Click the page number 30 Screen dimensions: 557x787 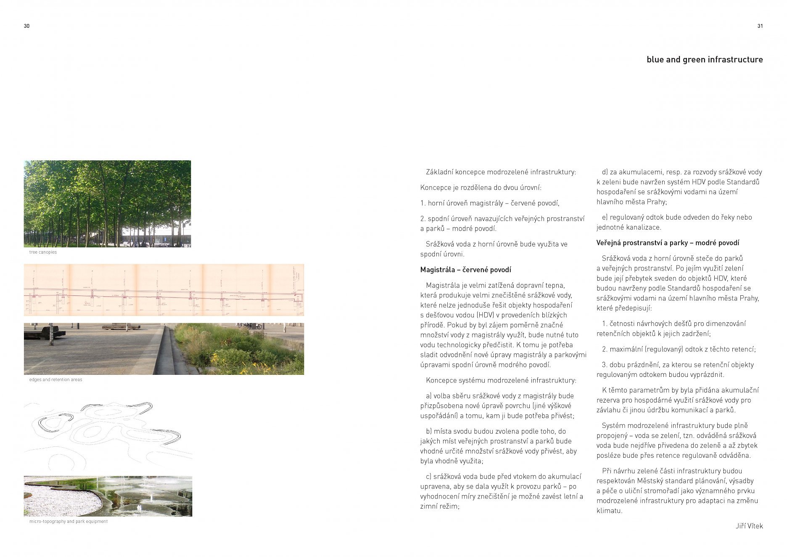click(x=26, y=26)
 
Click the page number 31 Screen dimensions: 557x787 click(x=760, y=26)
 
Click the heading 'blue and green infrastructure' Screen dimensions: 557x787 click(x=705, y=60)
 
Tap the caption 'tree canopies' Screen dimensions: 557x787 click(x=43, y=252)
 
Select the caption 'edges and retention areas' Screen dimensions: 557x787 click(x=55, y=380)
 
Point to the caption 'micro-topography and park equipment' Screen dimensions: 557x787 click(x=68, y=522)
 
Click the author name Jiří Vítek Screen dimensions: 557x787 click(x=749, y=526)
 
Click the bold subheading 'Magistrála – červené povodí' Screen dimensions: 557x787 click(x=465, y=270)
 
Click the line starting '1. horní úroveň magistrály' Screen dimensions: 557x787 click(x=490, y=203)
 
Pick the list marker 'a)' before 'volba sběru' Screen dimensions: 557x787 click(x=429, y=396)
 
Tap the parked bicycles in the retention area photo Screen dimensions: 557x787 click(x=250, y=326)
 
